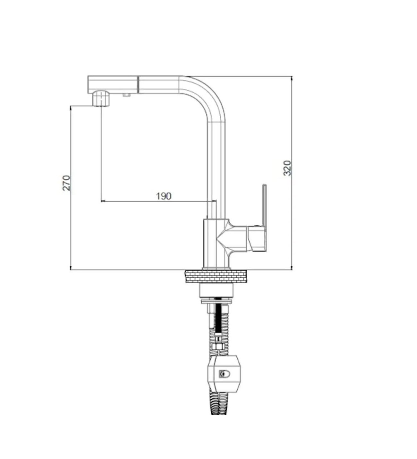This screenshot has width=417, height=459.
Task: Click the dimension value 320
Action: pos(287,168)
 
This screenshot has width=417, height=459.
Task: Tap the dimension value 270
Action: pos(66,183)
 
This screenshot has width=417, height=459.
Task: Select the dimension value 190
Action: pos(164,196)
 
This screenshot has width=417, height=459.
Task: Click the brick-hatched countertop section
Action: pos(216,276)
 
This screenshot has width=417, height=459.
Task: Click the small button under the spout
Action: pos(126,95)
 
